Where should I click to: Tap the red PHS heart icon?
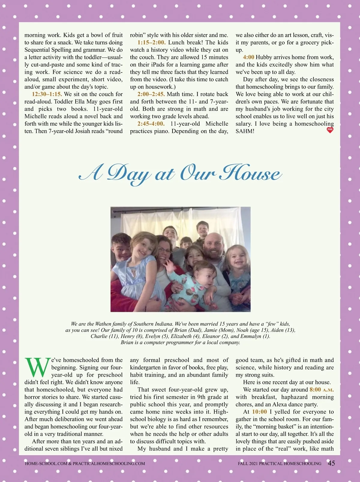[330, 130]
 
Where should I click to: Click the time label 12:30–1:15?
[47, 94]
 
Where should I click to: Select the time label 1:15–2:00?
[151, 43]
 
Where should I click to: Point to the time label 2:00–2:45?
[151, 94]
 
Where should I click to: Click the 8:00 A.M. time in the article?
[321, 390]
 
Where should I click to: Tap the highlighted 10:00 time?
[259, 412]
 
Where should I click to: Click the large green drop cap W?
[37, 367]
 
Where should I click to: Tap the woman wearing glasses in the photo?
[165, 251]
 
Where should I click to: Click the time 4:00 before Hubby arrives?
[249, 57]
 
